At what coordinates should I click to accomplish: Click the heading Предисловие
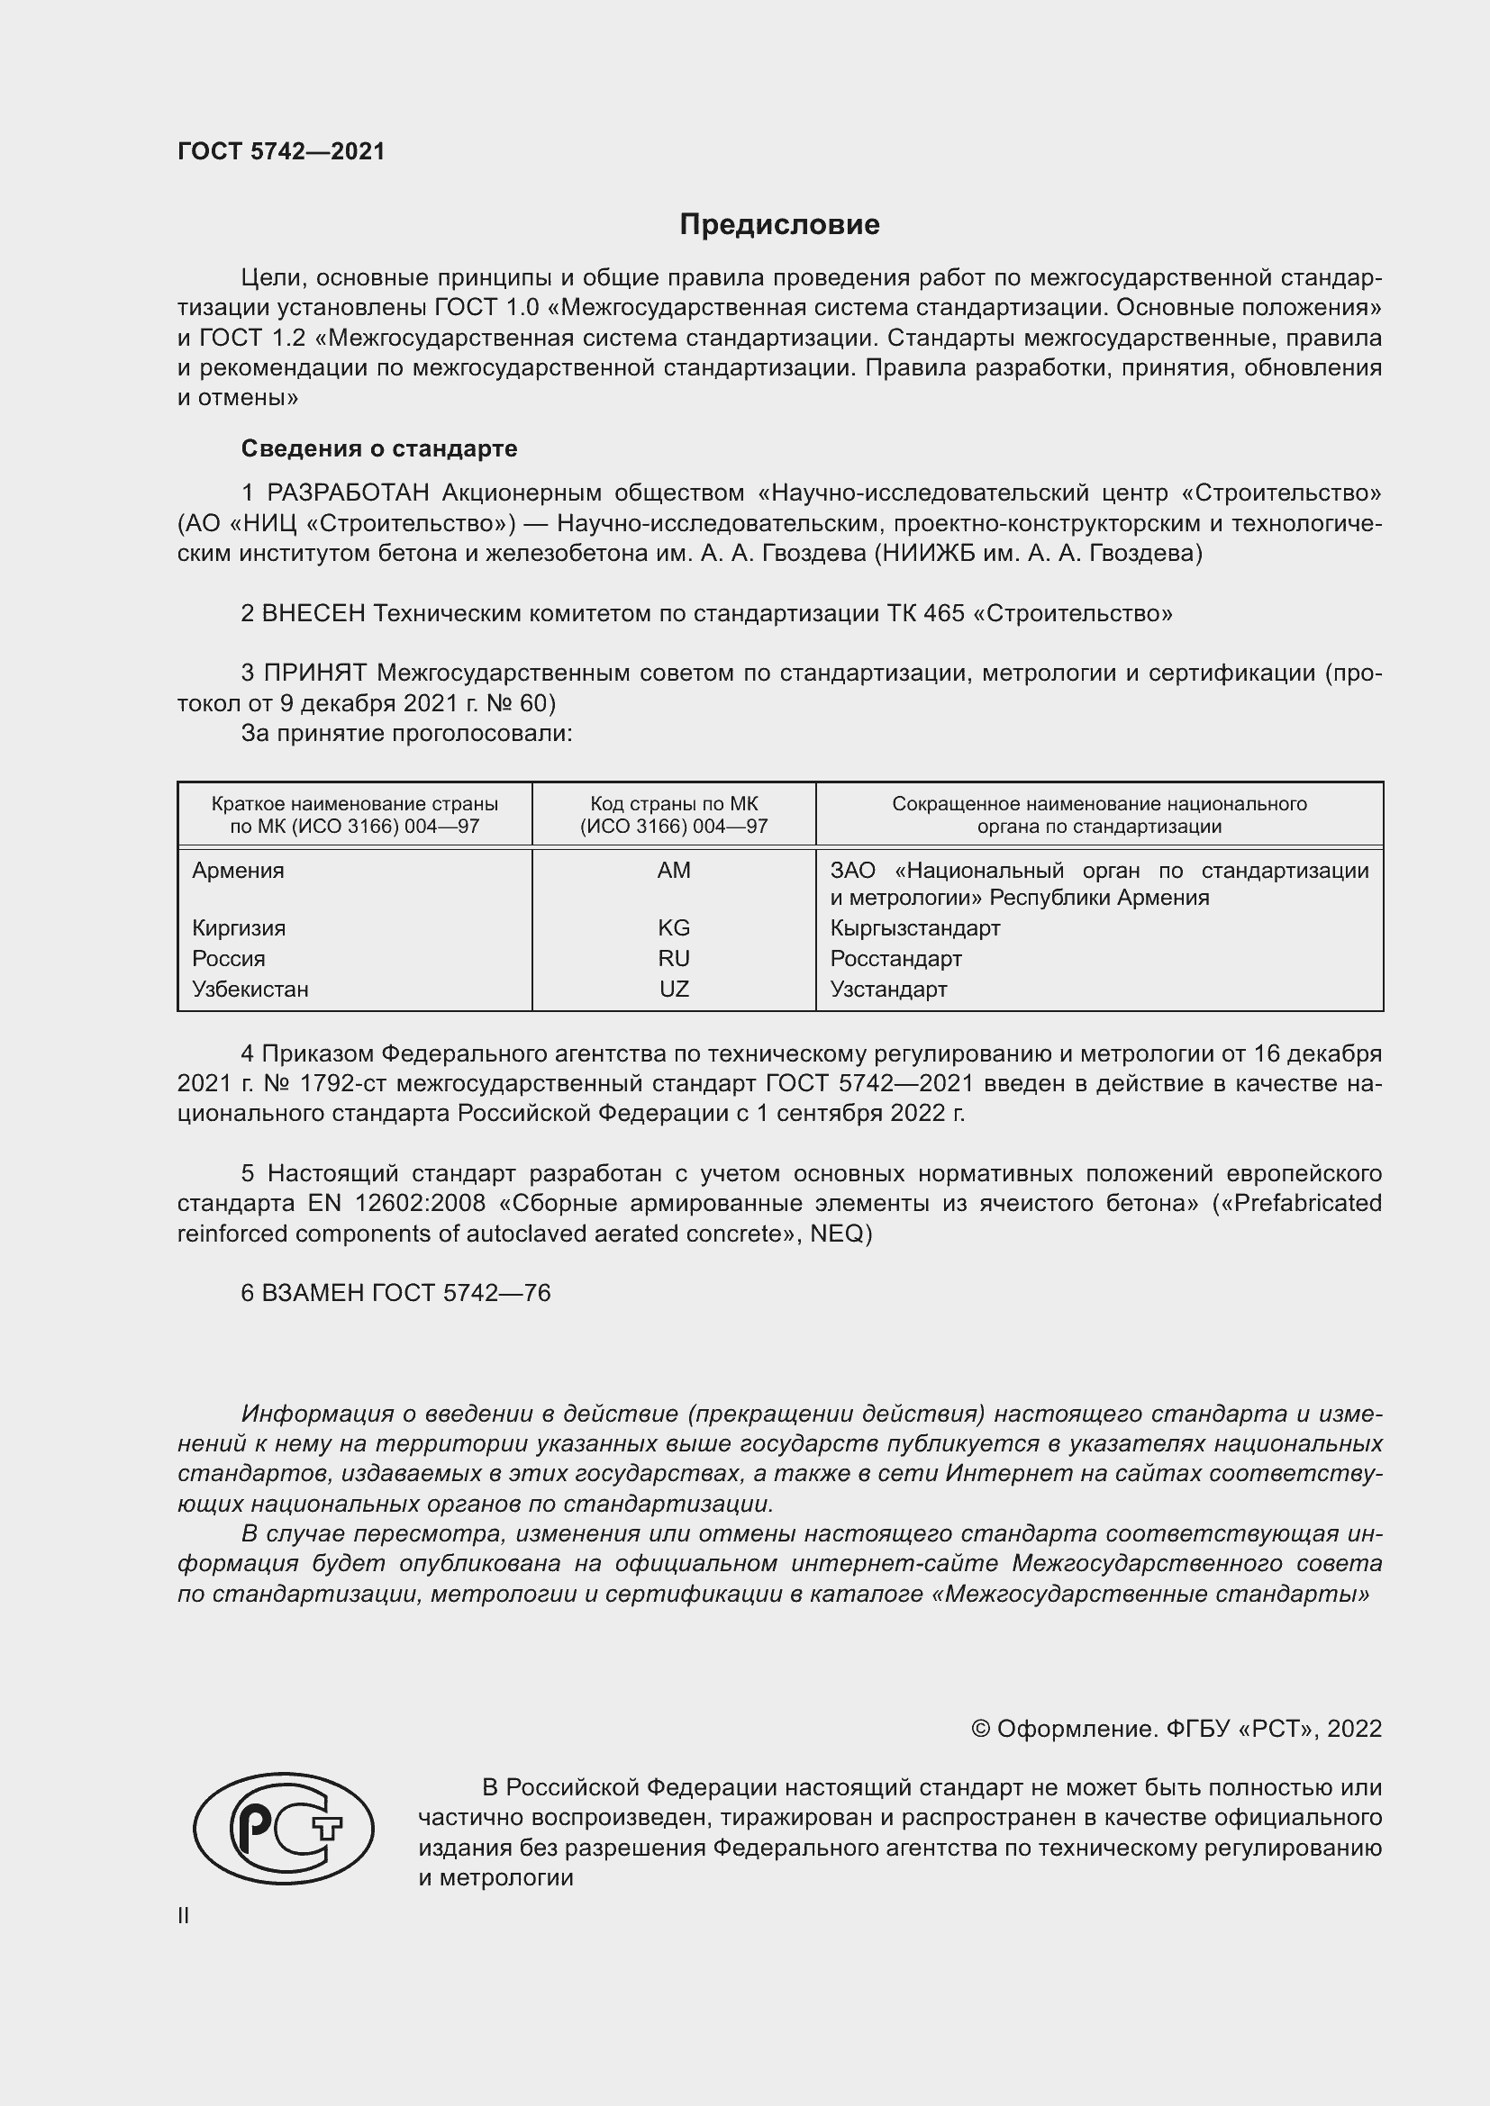779,225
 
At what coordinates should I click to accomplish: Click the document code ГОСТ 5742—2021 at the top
281,151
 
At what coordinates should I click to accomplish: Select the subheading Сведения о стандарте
379,448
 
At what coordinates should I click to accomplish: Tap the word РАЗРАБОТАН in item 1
348,493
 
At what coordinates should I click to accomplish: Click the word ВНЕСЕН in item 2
313,614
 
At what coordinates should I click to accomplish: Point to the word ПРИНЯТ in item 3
315,673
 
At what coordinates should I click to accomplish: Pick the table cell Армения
238,871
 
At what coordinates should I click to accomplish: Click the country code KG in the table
674,928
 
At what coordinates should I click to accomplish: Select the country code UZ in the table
674,990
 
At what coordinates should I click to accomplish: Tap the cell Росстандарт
895,960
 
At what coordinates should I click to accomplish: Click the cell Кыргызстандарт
914,928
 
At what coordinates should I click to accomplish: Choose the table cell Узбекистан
250,990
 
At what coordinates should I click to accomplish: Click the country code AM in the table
674,871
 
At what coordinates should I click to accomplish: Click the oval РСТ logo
284,1827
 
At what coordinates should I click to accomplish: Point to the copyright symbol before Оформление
980,1729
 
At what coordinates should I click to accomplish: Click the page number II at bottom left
184,1916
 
